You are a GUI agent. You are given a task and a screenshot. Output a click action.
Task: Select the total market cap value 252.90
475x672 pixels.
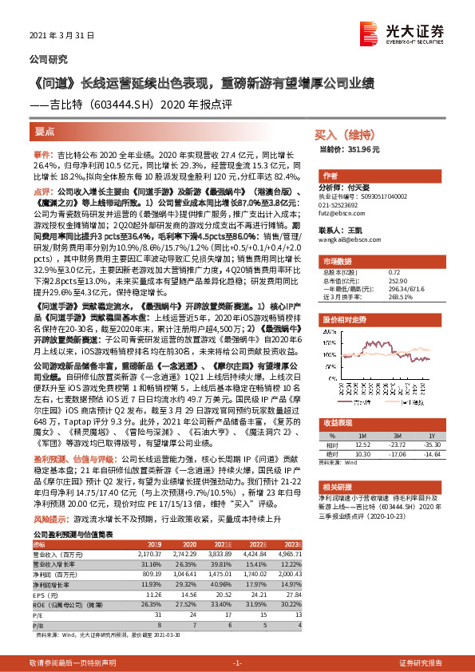(397, 280)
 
